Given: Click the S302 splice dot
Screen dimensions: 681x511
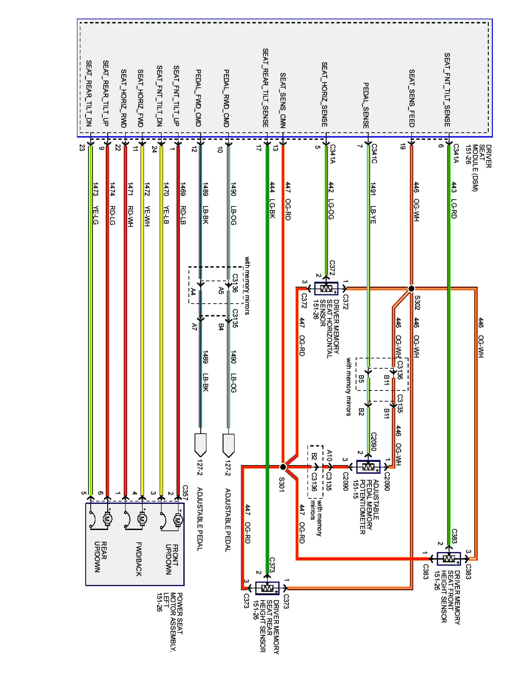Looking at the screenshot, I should (x=411, y=289).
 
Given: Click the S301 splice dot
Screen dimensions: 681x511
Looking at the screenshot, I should (x=283, y=467).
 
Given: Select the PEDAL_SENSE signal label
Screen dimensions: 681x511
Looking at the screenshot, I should (x=366, y=105).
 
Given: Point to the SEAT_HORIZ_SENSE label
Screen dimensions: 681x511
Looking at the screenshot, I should (x=324, y=94).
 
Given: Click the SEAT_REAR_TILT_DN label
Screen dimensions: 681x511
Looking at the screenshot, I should (x=89, y=93).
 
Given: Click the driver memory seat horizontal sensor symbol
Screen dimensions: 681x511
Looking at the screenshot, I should (x=326, y=289).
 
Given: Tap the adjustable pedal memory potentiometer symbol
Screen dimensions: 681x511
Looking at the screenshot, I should (x=368, y=467).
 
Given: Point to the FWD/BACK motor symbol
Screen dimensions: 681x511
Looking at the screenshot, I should (x=142, y=519).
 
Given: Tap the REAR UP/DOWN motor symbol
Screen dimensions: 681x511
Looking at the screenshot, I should (x=107, y=519).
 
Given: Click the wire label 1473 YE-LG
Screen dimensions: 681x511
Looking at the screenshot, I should (x=95, y=203).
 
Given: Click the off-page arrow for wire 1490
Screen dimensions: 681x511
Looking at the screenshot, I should (x=228, y=445).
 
